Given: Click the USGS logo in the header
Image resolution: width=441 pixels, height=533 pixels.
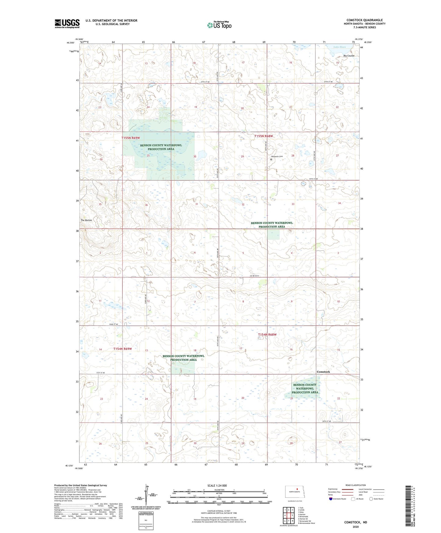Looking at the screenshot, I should [x=67, y=24].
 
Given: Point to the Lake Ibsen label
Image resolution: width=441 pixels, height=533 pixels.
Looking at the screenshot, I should [x=339, y=47].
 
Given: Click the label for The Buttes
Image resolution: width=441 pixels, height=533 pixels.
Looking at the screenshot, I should [x=86, y=220].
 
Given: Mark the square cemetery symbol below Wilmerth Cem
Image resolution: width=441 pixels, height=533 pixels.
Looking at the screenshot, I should [x=271, y=159].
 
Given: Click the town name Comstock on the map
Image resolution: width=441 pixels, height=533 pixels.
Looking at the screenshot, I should [x=323, y=372].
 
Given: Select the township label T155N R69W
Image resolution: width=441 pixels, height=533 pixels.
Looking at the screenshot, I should [x=130, y=138].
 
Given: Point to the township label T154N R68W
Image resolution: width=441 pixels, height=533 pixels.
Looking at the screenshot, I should [x=267, y=335].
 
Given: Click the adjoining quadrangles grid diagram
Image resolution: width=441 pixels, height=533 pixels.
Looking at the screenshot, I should [x=288, y=516].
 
